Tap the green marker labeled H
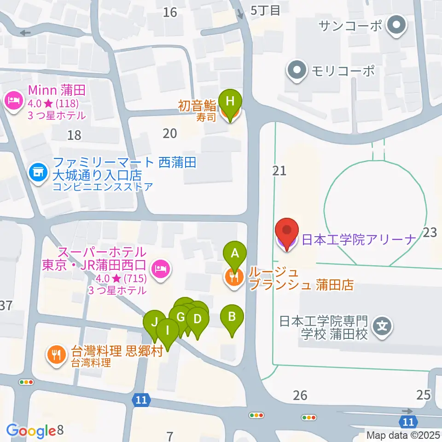tap(233, 100)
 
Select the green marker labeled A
tap(235, 253)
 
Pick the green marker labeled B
tap(232, 317)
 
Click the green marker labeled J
tap(155, 322)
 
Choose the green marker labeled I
tap(168, 330)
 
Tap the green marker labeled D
tap(198, 319)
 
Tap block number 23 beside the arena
tap(430, 233)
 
